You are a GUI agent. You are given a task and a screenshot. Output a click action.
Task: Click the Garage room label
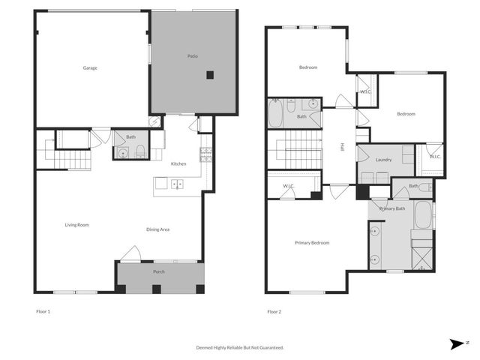(x=90, y=68)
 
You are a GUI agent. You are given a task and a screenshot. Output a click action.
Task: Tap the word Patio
(x=192, y=56)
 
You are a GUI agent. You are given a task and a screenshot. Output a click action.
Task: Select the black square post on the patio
(x=211, y=74)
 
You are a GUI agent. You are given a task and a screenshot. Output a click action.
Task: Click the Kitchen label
(x=178, y=163)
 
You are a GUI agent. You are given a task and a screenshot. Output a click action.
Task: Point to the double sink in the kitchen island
(x=178, y=184)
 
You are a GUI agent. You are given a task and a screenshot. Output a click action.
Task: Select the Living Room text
(x=77, y=224)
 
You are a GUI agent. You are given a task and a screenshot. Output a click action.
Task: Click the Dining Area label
(x=157, y=229)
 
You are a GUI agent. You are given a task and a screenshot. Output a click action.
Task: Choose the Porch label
(x=159, y=271)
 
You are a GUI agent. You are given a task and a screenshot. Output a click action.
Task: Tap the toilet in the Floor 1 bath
(x=140, y=153)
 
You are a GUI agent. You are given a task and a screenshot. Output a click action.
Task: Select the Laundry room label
(x=384, y=160)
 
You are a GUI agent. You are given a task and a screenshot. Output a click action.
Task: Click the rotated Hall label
(x=342, y=148)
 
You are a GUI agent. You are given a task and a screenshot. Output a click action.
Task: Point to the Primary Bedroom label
(x=312, y=243)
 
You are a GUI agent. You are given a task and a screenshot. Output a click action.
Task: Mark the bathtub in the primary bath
(x=424, y=215)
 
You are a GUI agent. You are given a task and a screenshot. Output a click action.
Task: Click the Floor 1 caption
(x=43, y=310)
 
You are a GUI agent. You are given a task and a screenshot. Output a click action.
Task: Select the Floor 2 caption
(x=274, y=310)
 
